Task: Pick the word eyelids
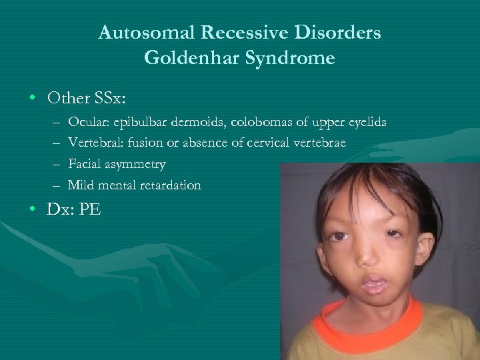coord(365,123)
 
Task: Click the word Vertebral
coord(92,143)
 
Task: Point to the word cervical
coord(272,143)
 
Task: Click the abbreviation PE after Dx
coord(90,209)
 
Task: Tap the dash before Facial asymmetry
coord(53,164)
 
